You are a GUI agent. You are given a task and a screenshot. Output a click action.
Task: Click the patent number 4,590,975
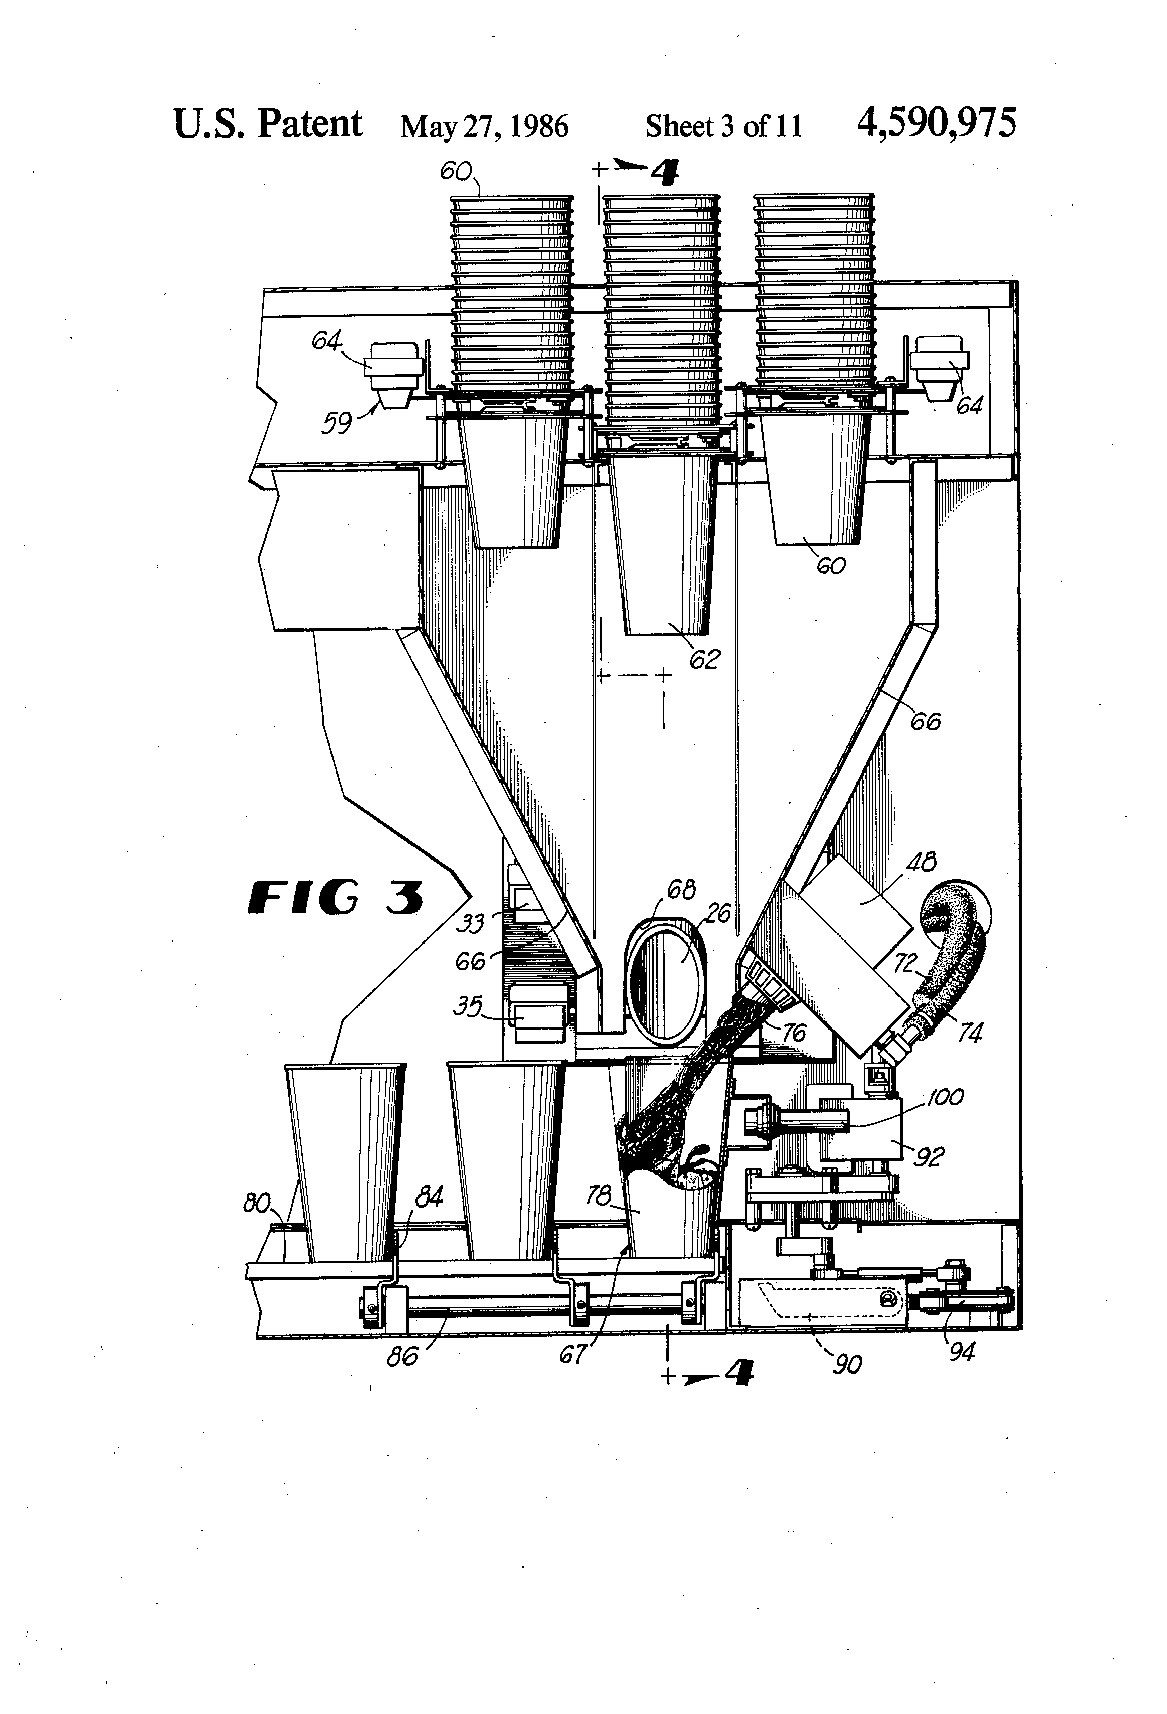936,123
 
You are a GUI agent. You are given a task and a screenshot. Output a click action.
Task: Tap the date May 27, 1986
484,126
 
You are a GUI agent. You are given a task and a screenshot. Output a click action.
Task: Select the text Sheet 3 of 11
723,126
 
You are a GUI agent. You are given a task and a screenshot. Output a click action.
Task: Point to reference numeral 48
920,862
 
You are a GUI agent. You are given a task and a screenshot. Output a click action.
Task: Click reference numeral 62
703,659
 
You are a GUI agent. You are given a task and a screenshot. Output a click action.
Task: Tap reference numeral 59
337,423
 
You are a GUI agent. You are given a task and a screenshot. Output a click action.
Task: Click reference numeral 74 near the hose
969,1033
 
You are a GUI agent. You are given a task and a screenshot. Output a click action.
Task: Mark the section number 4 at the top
664,174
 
